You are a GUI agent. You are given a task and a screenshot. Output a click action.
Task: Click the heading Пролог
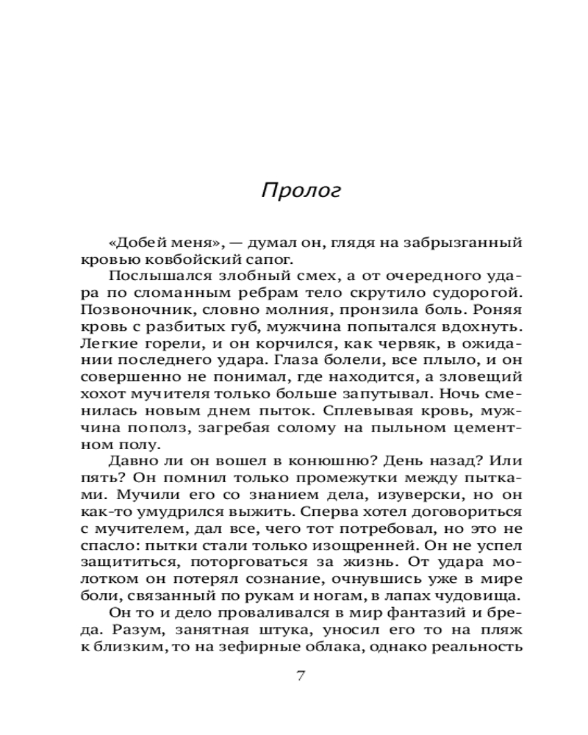point(301,190)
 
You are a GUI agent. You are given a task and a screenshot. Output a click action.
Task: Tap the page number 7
point(300,677)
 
